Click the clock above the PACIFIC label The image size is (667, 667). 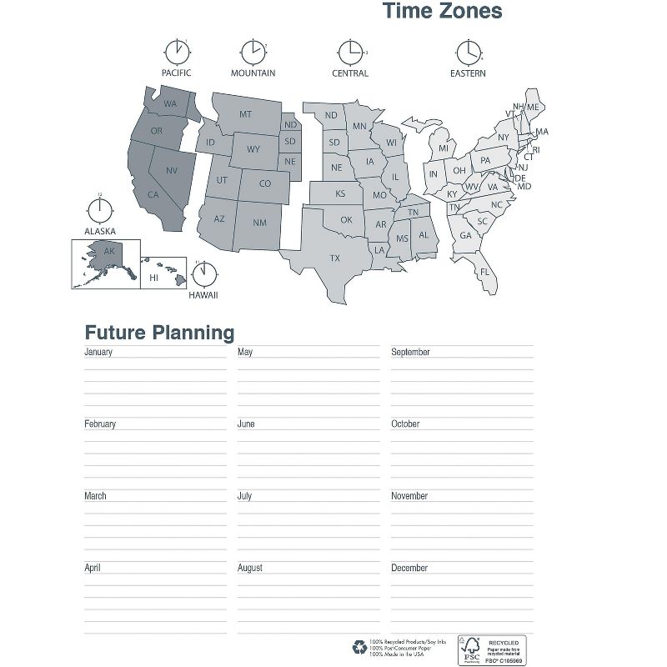(176, 52)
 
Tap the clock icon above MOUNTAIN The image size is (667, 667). (253, 52)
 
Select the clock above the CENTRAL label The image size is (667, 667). (350, 52)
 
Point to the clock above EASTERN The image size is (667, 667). (468, 52)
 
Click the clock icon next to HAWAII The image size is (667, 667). (204, 273)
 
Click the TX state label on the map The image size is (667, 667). (334, 258)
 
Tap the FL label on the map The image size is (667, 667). (484, 272)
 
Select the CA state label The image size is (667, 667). (153, 194)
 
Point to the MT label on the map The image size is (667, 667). (246, 114)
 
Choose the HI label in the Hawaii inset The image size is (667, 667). (153, 278)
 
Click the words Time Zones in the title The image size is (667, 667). (442, 12)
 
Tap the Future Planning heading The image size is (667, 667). (159, 333)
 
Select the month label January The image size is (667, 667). (98, 352)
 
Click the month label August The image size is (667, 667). (250, 568)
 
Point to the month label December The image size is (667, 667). (409, 568)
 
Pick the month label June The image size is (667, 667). (246, 424)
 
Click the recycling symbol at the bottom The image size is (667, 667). (359, 645)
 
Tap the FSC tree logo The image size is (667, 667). (471, 645)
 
